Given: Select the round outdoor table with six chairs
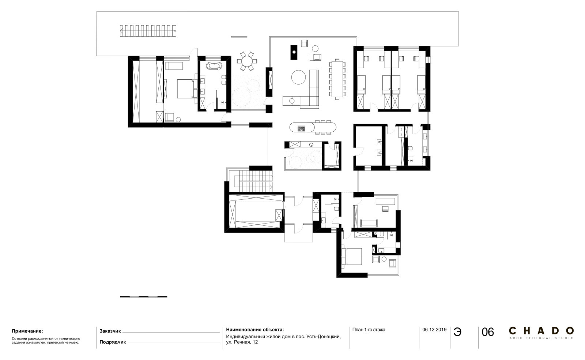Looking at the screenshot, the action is tap(247, 61).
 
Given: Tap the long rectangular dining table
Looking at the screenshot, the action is tap(337, 79).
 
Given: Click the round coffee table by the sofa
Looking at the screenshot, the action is tap(298, 77).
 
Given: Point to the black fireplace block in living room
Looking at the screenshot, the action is tap(294, 53).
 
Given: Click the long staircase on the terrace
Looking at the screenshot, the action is tap(148, 31).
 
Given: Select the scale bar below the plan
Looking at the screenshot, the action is tap(143, 297).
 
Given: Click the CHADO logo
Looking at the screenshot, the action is tap(541, 333).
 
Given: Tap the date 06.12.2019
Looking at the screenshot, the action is tap(434, 330).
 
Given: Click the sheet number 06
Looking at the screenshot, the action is tap(488, 332).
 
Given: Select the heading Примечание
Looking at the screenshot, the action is tap(27, 331).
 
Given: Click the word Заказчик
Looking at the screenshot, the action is tap(110, 331).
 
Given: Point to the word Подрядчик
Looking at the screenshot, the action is tap(113, 342).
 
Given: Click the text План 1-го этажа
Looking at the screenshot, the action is tap(369, 330).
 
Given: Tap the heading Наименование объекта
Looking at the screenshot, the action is tap(254, 330).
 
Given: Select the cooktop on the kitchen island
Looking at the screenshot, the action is tap(301, 128).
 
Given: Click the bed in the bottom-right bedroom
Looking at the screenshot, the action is tap(351, 256).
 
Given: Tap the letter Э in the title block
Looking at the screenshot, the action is tap(457, 332).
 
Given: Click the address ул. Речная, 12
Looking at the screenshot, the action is tap(242, 342).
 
